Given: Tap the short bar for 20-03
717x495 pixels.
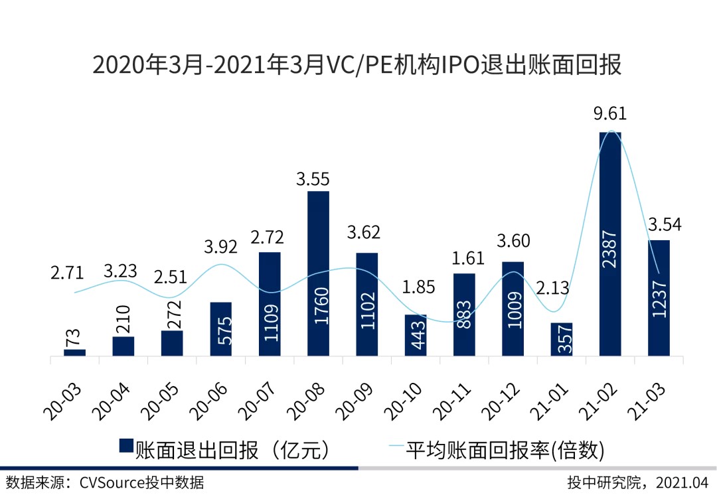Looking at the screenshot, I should tap(75, 353).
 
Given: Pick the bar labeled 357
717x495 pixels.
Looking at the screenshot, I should tap(561, 340).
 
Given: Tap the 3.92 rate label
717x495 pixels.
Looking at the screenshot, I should tap(221, 246).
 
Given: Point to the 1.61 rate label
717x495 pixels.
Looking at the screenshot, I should tap(465, 256).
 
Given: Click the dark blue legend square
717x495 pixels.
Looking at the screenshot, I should tap(125, 449).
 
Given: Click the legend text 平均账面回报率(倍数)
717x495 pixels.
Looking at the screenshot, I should tap(505, 450).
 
